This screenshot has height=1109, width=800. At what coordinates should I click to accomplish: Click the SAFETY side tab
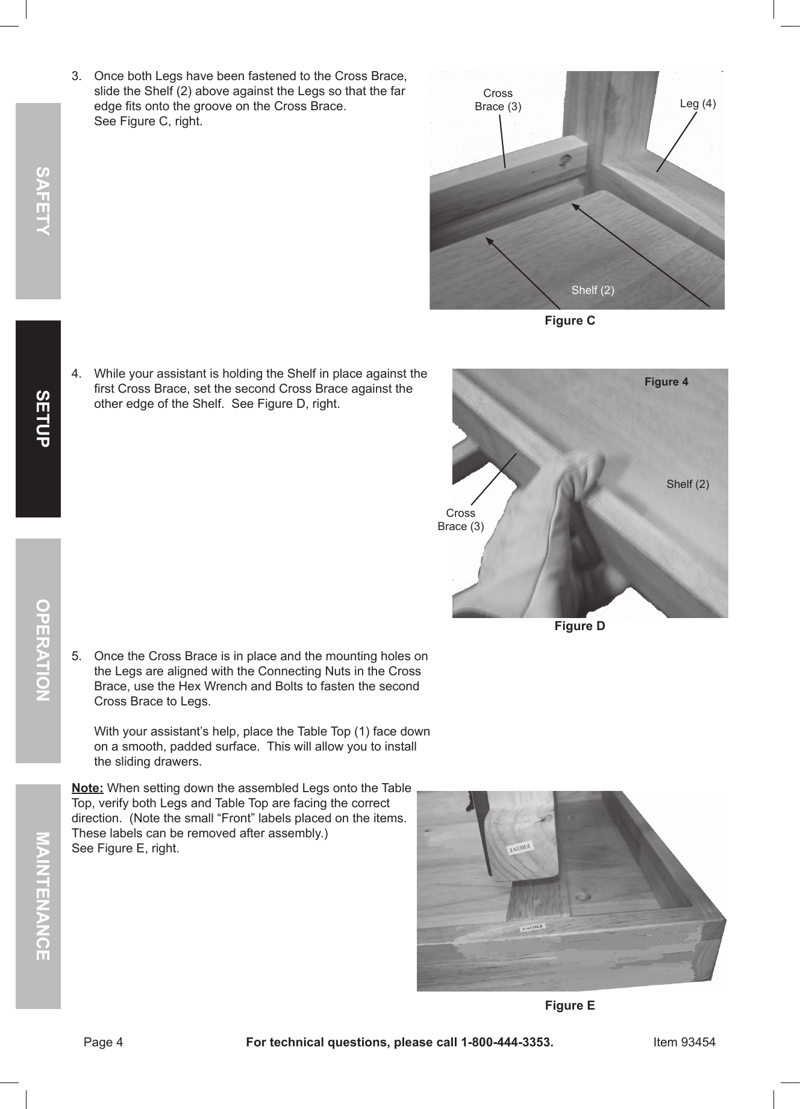click(x=39, y=201)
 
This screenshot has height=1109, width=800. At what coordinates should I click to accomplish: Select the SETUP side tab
click(x=39, y=419)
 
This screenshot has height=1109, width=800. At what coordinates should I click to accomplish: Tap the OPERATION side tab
click(x=39, y=651)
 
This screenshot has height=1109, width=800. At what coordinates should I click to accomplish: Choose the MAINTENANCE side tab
click(x=39, y=896)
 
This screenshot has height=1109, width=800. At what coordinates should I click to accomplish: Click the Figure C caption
click(x=569, y=320)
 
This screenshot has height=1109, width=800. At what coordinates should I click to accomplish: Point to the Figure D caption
click(x=579, y=626)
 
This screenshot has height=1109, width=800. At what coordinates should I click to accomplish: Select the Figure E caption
click(x=569, y=1005)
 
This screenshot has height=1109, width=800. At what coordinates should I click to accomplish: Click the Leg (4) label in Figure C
click(x=698, y=103)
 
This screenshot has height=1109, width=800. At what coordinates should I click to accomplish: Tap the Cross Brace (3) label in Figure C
click(x=498, y=100)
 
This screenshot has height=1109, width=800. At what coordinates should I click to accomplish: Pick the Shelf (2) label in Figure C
click(x=592, y=290)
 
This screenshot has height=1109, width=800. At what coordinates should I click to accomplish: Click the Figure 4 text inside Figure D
click(x=666, y=381)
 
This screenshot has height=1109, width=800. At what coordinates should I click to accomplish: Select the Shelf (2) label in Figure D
click(x=687, y=484)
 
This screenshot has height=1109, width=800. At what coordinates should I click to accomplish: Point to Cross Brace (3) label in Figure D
click(x=460, y=519)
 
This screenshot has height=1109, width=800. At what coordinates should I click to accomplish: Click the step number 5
click(x=76, y=656)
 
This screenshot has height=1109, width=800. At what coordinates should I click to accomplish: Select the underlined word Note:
click(x=87, y=789)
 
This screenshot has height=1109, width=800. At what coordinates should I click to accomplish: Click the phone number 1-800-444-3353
click(x=506, y=1042)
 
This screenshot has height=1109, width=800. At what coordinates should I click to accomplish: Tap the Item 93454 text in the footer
click(x=684, y=1042)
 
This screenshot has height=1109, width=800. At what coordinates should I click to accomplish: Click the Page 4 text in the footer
click(x=103, y=1042)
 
